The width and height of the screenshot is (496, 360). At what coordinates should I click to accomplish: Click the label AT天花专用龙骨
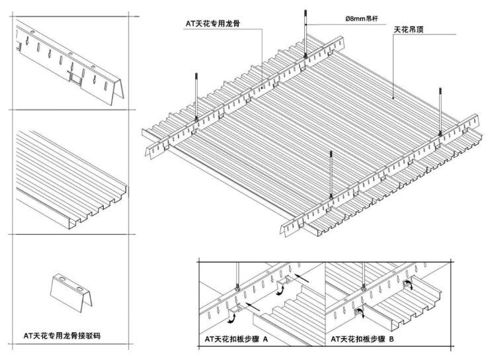pyautogui.click(x=212, y=23)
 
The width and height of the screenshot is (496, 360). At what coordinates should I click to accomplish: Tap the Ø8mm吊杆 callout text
pyautogui.click(x=361, y=19)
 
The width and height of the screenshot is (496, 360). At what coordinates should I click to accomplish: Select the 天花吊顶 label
pyautogui.click(x=409, y=30)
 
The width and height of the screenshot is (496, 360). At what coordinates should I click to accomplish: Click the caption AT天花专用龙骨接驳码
pyautogui.click(x=62, y=336)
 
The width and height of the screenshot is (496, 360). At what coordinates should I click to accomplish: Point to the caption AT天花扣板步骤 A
pyautogui.click(x=236, y=339)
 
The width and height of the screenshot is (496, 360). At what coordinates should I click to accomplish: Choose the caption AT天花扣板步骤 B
pyautogui.click(x=362, y=339)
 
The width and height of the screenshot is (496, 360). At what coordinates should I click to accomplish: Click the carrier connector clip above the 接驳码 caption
pyautogui.click(x=71, y=292)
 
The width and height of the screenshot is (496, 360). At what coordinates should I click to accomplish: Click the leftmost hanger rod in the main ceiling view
pyautogui.click(x=196, y=97)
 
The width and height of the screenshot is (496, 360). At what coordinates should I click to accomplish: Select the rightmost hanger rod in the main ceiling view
pyautogui.click(x=440, y=111)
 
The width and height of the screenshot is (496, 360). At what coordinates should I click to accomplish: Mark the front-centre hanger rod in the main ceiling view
pyautogui.click(x=331, y=174)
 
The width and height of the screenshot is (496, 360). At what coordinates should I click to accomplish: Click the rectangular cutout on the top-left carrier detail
pyautogui.click(x=75, y=77)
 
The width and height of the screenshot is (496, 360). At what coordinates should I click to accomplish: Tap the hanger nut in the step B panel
pyautogui.click(x=364, y=288)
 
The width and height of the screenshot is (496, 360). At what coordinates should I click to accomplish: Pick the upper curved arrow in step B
pyautogui.click(x=409, y=284)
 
